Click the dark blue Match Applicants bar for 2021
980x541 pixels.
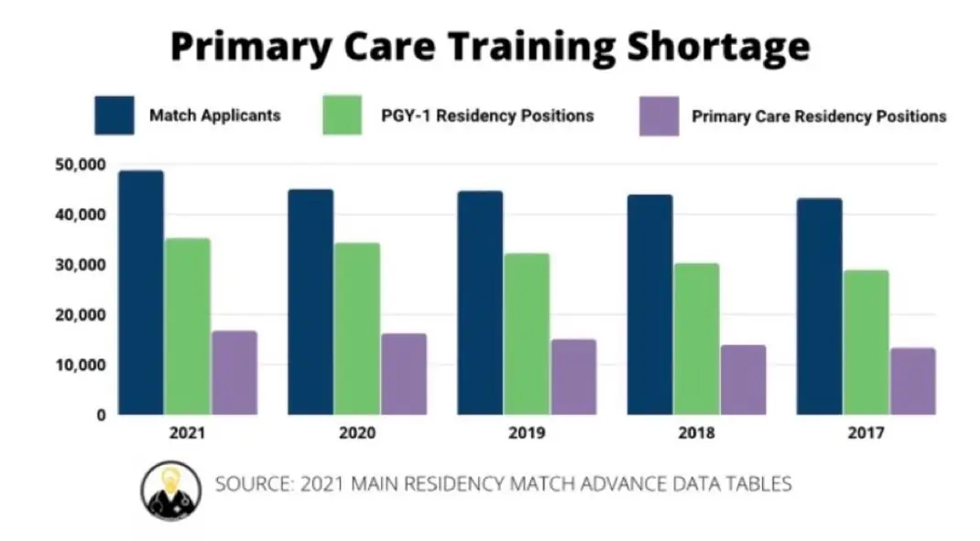(141, 293)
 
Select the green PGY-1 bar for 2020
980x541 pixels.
(357, 329)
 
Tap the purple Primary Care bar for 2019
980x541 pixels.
(573, 377)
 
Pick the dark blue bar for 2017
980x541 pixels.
(819, 307)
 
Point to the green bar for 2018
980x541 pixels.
(696, 339)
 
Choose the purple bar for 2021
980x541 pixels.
(234, 373)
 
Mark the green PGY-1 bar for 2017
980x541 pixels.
(866, 342)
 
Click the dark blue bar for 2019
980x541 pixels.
(480, 303)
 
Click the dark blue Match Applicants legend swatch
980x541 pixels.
(114, 115)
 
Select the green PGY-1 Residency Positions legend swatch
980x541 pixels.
(343, 115)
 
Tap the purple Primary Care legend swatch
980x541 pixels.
(659, 116)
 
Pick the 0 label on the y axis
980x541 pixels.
(101, 416)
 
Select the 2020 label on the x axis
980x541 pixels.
(357, 433)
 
